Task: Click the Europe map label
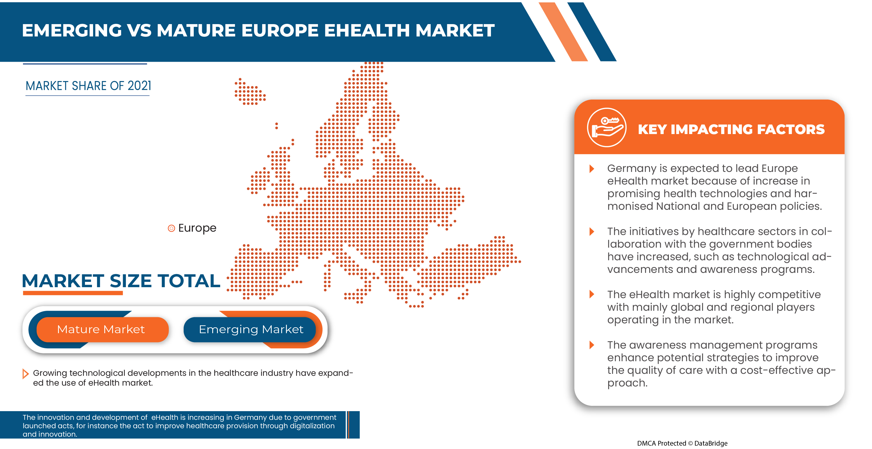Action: pos(197,228)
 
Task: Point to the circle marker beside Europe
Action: pos(171,228)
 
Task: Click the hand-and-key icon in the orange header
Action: pos(606,128)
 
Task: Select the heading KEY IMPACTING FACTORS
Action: pos(731,129)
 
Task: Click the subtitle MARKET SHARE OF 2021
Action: pos(88,86)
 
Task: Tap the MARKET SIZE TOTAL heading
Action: pos(121,281)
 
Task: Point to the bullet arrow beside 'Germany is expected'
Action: pos(592,169)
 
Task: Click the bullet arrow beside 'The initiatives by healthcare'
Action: pos(592,232)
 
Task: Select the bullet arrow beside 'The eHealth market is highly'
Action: pos(592,294)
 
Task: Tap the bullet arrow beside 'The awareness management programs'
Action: pos(592,345)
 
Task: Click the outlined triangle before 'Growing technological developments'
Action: pos(25,374)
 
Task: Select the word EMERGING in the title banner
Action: pos(72,31)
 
